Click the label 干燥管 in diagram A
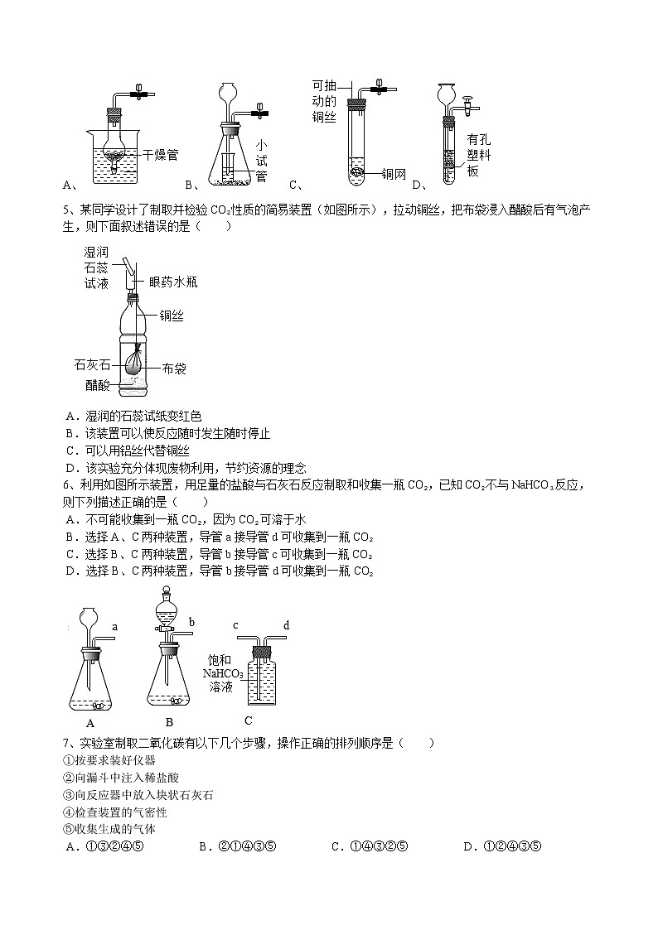pyautogui.click(x=160, y=154)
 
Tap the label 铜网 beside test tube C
pyautogui.click(x=394, y=174)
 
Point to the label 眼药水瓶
pyautogui.click(x=173, y=282)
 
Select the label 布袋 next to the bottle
pyautogui.click(x=173, y=367)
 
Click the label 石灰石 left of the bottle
pyautogui.click(x=92, y=364)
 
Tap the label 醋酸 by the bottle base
pyautogui.click(x=97, y=384)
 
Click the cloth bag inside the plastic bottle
pyautogui.click(x=138, y=362)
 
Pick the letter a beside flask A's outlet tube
pyautogui.click(x=114, y=627)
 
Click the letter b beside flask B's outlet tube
pyautogui.click(x=191, y=622)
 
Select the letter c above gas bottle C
pyautogui.click(x=235, y=625)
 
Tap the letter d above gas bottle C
pyautogui.click(x=286, y=625)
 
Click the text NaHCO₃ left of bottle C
pyautogui.click(x=223, y=674)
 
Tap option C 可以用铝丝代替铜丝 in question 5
pyautogui.click(x=128, y=451)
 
